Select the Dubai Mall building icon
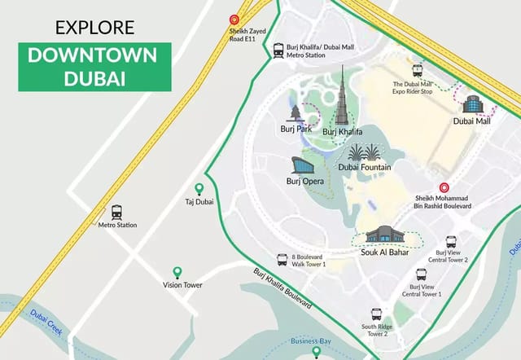pyautogui.click(x=473, y=103)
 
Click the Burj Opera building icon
pyautogui.click(x=302, y=166)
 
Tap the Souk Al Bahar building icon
pyautogui.click(x=383, y=235)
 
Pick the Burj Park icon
pyautogui.click(x=295, y=113)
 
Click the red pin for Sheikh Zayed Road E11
pyautogui.click(x=234, y=19)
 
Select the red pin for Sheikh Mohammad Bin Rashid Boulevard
pyautogui.click(x=444, y=188)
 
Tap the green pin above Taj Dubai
pyautogui.click(x=199, y=189)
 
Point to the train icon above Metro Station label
pyautogui.click(x=117, y=212)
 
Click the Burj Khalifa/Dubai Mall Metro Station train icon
pyautogui.click(x=279, y=49)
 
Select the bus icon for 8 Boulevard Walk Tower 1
pyautogui.click(x=282, y=259)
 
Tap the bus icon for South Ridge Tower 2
pyautogui.click(x=376, y=314)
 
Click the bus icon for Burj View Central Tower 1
pyautogui.click(x=421, y=274)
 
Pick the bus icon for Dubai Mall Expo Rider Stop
pyautogui.click(x=418, y=71)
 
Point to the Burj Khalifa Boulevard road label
pyautogui.click(x=282, y=288)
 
